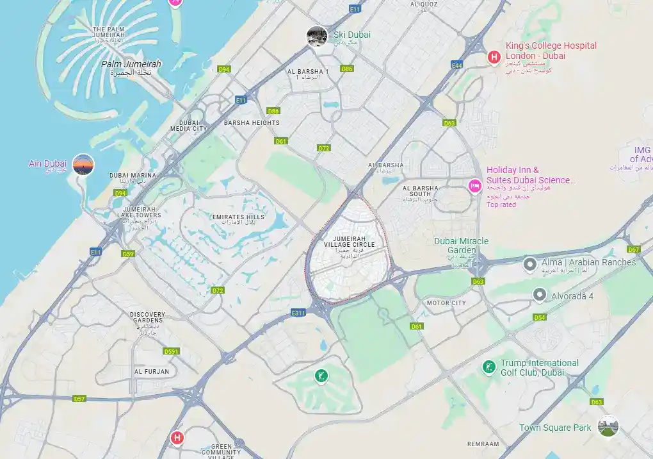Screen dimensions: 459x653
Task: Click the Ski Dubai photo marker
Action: (x=317, y=36)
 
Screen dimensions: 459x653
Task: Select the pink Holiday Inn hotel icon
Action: (x=474, y=186)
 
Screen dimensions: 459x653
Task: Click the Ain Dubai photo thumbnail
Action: (x=83, y=165)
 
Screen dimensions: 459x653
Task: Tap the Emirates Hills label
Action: (x=238, y=218)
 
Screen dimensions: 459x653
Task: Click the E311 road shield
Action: (x=298, y=313)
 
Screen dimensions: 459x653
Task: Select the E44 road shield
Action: (x=456, y=65)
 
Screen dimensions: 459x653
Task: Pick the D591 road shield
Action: (x=172, y=351)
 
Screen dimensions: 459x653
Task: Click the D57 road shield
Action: (x=79, y=399)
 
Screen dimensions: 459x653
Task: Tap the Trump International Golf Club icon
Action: (x=488, y=367)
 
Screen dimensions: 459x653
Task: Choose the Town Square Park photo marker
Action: (x=608, y=426)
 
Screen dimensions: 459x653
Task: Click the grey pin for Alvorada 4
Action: (x=540, y=295)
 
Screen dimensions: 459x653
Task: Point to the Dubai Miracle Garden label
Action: (x=461, y=246)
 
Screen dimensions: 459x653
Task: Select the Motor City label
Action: (x=446, y=303)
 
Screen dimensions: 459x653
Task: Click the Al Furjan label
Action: (x=152, y=372)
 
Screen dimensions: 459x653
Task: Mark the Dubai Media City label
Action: (x=188, y=126)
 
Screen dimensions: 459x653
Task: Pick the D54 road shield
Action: (x=540, y=317)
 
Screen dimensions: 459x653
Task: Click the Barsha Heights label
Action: (x=252, y=122)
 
